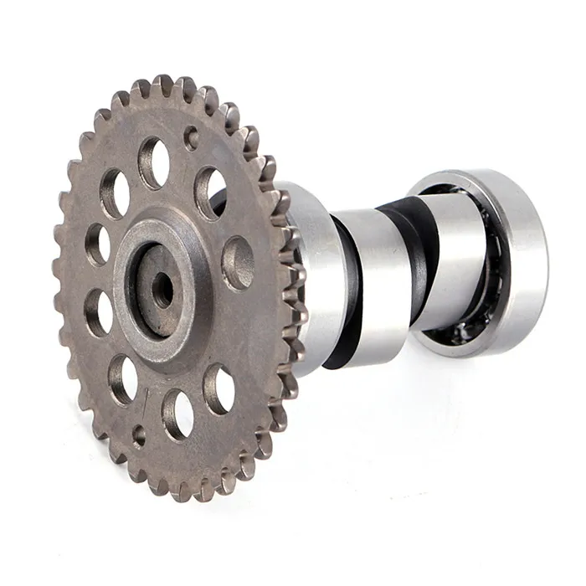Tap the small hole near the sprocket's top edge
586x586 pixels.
(192, 137)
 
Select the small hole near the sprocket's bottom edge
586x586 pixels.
(139, 435)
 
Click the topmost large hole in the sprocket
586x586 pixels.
(154, 162)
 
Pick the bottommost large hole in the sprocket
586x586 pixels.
(177, 412)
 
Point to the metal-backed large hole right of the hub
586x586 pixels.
(238, 263)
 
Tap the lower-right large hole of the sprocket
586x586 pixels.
(219, 388)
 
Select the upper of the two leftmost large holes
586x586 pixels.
(115, 193)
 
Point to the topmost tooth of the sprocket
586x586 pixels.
(162, 85)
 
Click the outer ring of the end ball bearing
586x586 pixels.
(519, 251)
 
